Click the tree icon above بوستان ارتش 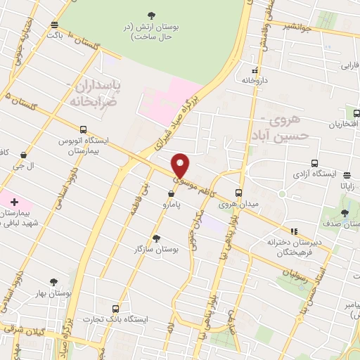152,15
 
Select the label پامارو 169,205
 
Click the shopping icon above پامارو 171,193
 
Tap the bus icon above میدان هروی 239,193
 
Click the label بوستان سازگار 157,249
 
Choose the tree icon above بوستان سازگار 156,238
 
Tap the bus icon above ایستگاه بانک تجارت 115,308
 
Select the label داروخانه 255,81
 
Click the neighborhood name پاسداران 97,85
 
